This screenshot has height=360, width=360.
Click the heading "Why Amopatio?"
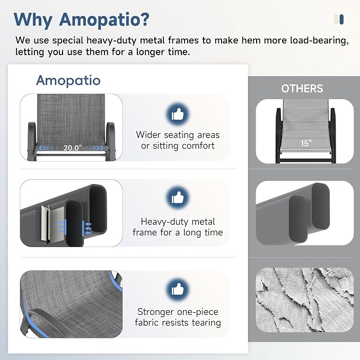click(82, 20)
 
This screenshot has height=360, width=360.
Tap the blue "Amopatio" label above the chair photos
click(68, 81)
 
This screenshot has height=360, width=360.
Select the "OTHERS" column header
click(302, 89)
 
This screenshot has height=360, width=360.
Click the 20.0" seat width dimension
click(73, 148)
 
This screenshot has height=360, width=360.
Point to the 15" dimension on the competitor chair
click(306, 143)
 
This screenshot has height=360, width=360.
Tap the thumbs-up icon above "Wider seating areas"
click(178, 114)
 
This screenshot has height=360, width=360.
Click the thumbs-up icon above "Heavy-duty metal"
click(178, 197)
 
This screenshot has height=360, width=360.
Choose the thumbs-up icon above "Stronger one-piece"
click(178, 289)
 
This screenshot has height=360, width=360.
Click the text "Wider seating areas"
click(178, 135)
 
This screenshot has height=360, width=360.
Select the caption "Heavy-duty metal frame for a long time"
click(178, 227)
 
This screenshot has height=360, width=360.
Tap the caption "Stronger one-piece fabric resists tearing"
click(178, 317)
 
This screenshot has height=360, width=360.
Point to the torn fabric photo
click(305, 300)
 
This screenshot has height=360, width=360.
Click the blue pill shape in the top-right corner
click(341, 19)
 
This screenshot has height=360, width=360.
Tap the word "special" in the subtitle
click(68, 41)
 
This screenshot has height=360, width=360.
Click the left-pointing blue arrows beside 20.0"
click(46, 148)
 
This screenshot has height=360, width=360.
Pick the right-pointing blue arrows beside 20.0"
click(97, 148)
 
